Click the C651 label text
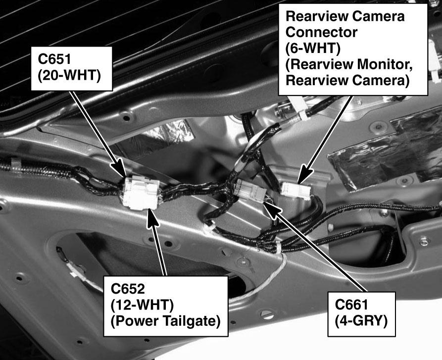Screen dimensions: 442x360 54,59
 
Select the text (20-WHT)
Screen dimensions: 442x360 69,76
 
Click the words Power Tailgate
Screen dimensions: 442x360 165,321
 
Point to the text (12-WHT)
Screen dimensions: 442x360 142,305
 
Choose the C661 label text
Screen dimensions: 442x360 351,305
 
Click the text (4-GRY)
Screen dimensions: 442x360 361,321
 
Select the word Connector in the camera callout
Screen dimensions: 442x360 321,32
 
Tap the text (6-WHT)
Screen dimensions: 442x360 313,48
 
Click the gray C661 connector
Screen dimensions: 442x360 250,190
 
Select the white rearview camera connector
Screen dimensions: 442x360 295,191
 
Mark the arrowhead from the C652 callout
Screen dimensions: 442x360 152,219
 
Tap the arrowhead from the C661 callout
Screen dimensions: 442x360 272,209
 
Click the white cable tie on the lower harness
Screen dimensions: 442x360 278,248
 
